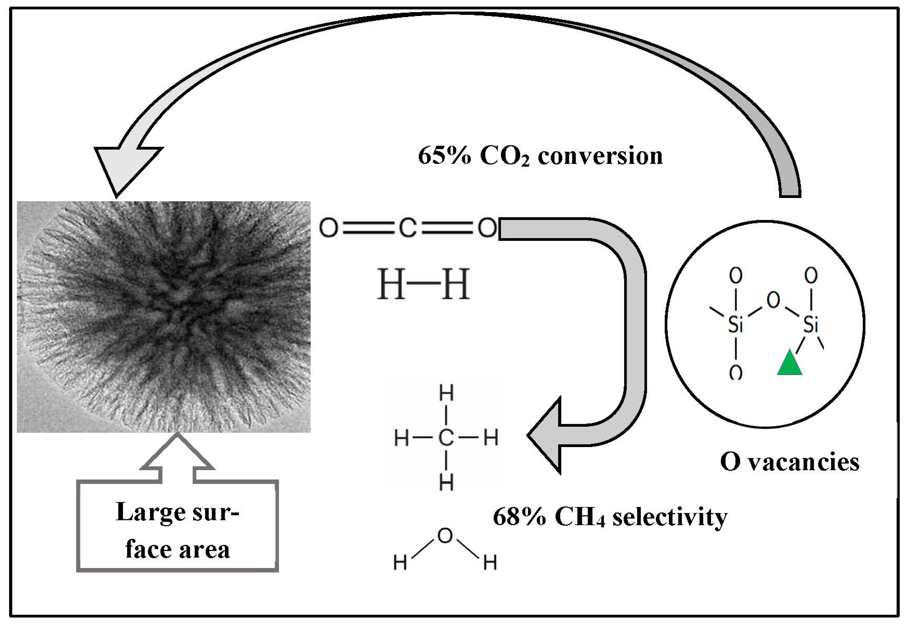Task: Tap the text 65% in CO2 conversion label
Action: (x=444, y=156)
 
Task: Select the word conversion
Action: (x=600, y=156)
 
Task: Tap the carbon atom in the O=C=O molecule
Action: (x=408, y=228)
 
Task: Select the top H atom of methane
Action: (x=446, y=394)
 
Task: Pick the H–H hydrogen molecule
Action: (x=423, y=284)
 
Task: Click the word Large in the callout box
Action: (x=145, y=512)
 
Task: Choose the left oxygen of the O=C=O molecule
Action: (x=328, y=228)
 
